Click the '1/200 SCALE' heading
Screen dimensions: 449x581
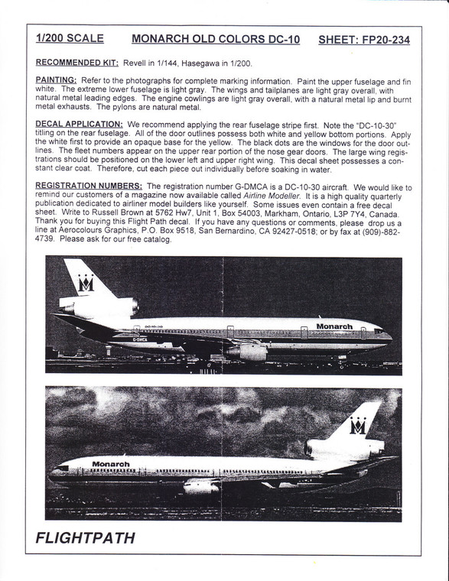(x=70, y=38)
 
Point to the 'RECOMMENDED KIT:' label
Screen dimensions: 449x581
(x=82, y=63)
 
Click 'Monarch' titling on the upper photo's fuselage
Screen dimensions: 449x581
(x=334, y=326)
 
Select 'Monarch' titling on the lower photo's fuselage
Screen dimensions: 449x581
(x=111, y=463)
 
